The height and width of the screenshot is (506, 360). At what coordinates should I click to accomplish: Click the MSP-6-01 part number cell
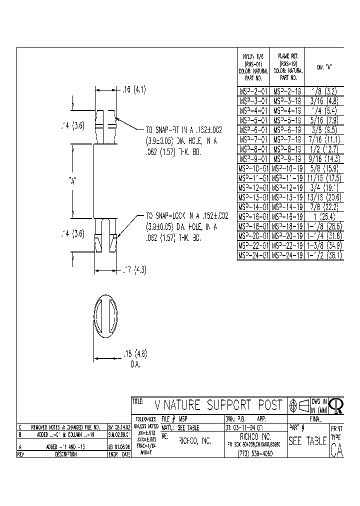coord(253,130)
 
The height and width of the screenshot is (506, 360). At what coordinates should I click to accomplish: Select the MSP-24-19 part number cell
coord(287,254)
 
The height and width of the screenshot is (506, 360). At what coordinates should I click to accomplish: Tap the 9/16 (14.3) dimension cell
coord(324,158)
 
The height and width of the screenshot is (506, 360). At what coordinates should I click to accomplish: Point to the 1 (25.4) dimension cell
coord(324,216)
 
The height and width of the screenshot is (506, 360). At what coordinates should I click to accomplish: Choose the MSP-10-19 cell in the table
coord(287,168)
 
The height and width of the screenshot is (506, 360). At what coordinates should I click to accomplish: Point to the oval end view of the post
coord(106,318)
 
